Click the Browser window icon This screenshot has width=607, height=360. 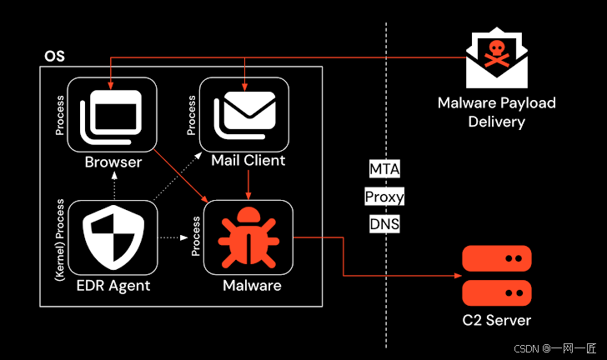tap(112, 117)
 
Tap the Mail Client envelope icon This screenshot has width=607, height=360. tap(244, 117)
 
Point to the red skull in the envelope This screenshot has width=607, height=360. tap(499, 49)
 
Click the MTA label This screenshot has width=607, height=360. tap(384, 170)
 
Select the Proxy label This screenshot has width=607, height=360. tap(384, 197)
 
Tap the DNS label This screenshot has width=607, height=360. tap(384, 224)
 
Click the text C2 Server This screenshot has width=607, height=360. tap(497, 320)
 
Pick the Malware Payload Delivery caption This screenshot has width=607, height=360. tap(497, 112)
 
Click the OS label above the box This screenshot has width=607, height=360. tap(53, 57)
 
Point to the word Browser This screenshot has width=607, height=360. tap(113, 161)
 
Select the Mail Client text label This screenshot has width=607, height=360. tap(248, 160)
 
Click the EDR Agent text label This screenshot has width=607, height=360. tap(112, 286)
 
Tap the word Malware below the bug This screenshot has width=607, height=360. tap(252, 286)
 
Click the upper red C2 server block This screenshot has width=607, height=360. tap(497, 261)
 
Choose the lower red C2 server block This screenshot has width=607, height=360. tap(497, 292)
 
